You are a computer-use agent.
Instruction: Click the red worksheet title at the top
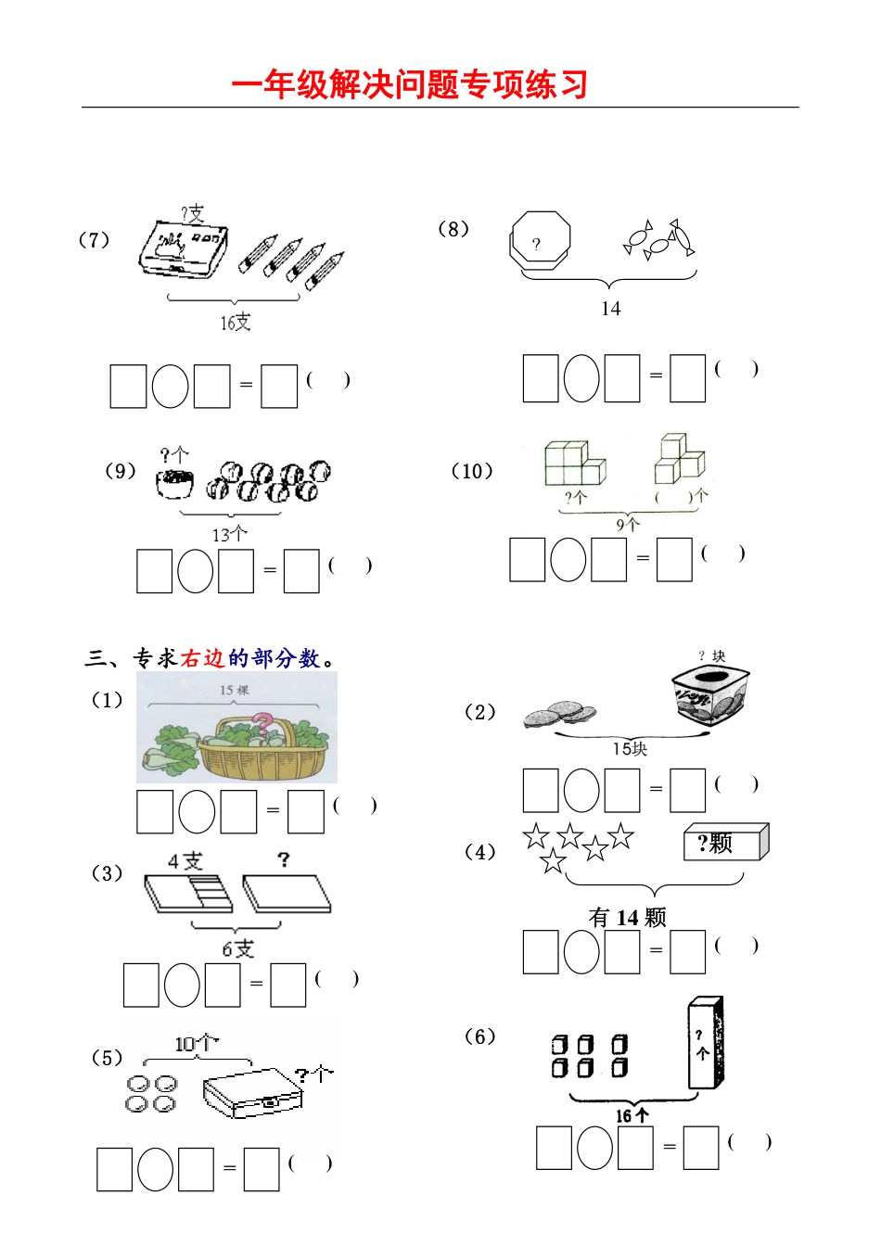(409, 84)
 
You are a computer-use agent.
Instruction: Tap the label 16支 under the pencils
(235, 322)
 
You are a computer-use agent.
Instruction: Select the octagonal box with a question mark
(540, 241)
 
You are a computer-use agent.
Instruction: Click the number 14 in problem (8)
(610, 309)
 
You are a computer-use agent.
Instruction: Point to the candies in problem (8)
(659, 239)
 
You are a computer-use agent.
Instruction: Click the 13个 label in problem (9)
(229, 534)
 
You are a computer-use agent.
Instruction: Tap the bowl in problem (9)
(174, 484)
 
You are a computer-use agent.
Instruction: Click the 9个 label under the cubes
(628, 524)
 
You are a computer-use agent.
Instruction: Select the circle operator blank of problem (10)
(568, 560)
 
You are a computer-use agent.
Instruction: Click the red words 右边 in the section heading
(202, 658)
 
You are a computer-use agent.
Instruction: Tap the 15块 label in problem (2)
(630, 748)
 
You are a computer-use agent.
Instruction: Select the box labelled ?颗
(725, 843)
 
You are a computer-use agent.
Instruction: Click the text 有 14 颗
(628, 917)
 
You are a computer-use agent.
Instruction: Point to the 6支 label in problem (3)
(237, 948)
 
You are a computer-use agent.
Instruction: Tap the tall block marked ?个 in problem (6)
(705, 1044)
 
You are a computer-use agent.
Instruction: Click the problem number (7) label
(94, 240)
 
